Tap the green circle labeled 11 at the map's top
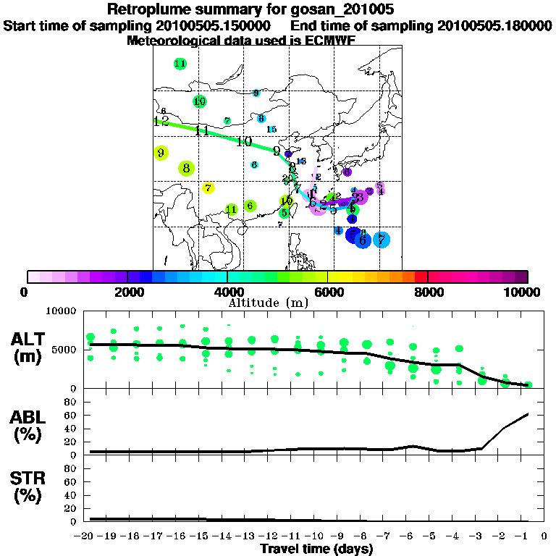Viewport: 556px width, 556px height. pos(180,64)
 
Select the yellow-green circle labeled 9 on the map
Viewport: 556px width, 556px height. pos(161,153)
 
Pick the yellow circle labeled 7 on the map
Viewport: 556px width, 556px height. pos(208,188)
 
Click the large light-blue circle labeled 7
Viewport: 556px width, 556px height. pos(382,240)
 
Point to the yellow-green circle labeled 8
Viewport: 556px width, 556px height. pos(187,169)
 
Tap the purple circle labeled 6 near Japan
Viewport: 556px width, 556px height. pos(347,172)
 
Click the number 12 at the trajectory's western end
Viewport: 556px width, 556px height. pos(161,121)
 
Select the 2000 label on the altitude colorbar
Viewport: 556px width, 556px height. pos(127,292)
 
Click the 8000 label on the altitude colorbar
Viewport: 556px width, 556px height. pos(428,292)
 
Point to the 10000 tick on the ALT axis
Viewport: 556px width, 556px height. pos(62,311)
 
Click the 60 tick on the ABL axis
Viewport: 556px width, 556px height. pos(71,415)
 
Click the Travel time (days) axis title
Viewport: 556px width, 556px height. pos(316,549)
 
